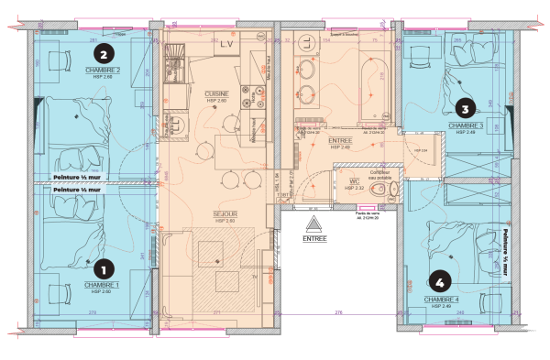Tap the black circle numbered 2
point(104,54)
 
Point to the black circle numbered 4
point(443,282)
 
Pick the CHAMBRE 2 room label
point(104,70)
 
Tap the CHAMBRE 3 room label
point(466,125)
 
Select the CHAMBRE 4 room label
point(442,299)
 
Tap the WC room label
point(349,182)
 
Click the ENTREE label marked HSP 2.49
point(340,141)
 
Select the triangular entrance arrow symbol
point(312,223)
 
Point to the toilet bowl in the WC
point(390,190)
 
